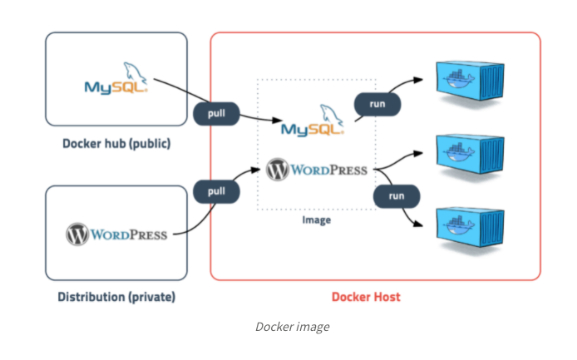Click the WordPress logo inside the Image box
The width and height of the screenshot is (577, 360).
[x=317, y=170]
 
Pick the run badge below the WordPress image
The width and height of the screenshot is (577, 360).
[x=396, y=196]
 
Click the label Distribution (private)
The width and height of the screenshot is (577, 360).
[x=116, y=296]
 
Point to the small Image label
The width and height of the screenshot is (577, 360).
[x=316, y=220]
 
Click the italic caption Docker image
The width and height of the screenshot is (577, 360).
[x=291, y=327]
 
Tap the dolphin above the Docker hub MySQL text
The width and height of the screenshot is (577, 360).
[x=132, y=70]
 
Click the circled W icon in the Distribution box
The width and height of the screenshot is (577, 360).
[x=77, y=234]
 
